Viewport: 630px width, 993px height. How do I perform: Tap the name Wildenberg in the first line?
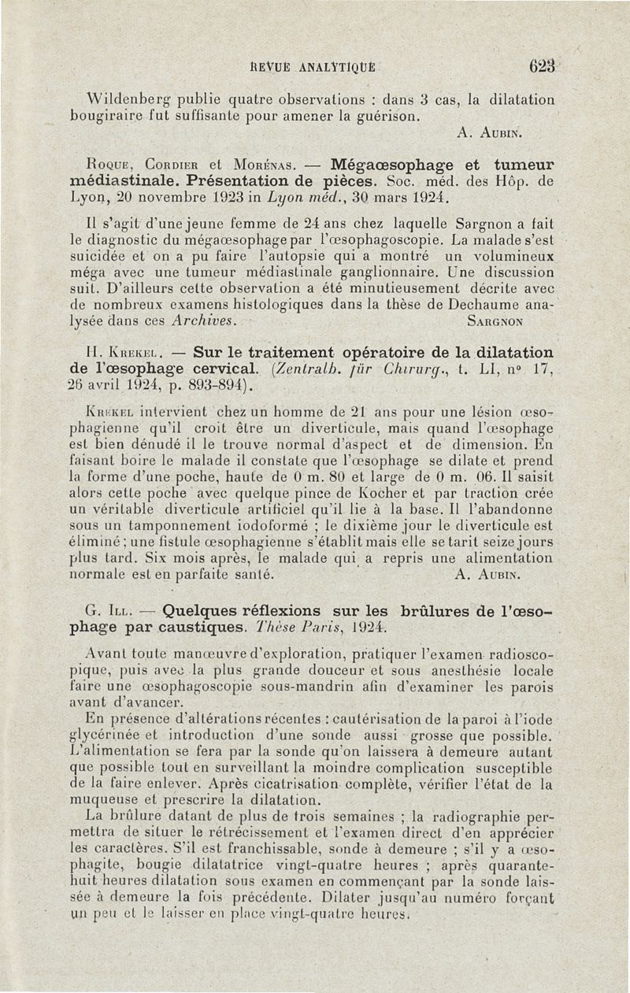coord(129,101)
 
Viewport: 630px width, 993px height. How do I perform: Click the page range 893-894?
coord(212,383)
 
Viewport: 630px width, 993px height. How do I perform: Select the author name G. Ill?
coord(108,610)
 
